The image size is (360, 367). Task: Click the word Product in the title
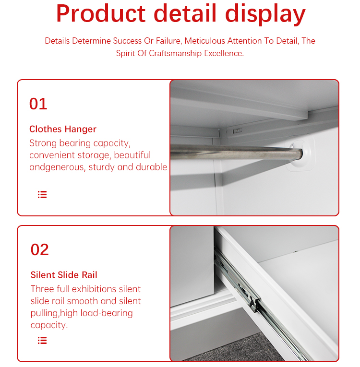tap(101, 13)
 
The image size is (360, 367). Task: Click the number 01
tap(38, 104)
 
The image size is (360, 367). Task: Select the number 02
tap(39, 249)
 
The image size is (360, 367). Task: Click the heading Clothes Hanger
tap(63, 129)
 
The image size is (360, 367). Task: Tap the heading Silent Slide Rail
tap(64, 275)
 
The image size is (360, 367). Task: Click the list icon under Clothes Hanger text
tap(42, 194)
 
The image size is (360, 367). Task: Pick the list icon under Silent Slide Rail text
tap(42, 340)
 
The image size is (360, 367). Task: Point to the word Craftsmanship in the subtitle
tap(175, 53)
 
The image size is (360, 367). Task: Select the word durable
tap(151, 167)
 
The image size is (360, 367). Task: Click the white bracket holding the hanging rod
tap(301, 153)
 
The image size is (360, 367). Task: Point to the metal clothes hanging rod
tap(236, 152)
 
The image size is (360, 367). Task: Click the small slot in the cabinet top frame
tap(238, 130)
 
